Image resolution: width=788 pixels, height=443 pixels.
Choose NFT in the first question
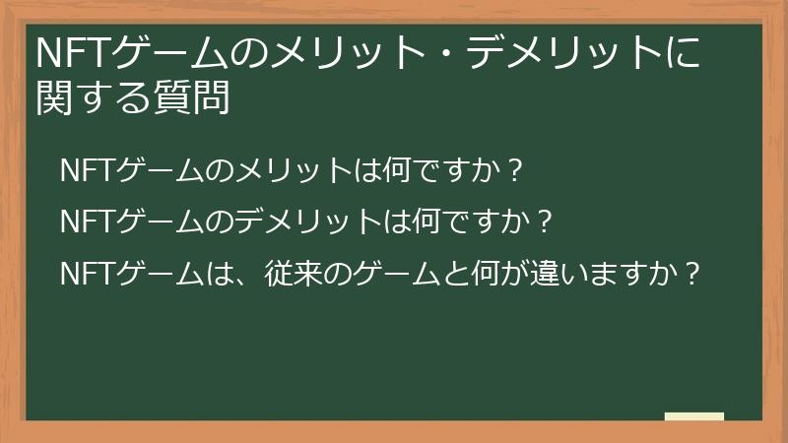pos(87,170)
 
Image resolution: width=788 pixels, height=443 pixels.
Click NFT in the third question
pos(87,273)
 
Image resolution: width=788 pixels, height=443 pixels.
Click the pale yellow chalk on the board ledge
pos(694,416)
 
